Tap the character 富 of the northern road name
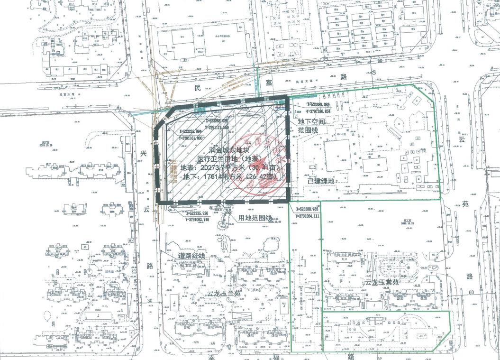[269, 83]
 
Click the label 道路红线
[191, 256]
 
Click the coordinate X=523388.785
[312, 210]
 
